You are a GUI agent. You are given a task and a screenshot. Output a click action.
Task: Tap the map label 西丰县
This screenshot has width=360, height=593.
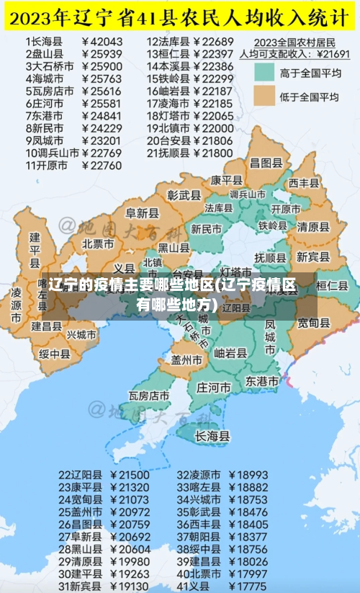point(303,183)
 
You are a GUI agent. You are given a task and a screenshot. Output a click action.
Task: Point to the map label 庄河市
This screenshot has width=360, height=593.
point(213,385)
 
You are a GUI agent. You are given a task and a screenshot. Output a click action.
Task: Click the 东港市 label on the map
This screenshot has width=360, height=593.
point(262,380)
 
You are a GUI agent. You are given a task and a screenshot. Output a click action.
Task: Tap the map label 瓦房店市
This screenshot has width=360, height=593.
point(149,396)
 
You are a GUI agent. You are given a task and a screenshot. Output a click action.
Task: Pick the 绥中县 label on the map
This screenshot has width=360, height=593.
point(54,354)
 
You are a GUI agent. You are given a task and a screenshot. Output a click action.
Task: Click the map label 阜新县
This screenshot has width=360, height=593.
point(142,213)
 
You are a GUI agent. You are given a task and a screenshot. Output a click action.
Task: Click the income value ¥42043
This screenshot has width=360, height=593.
point(103,42)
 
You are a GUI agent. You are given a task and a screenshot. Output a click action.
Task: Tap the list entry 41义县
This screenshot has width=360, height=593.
point(194,587)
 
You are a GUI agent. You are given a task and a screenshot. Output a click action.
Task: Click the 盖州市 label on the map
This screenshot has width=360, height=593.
point(186,359)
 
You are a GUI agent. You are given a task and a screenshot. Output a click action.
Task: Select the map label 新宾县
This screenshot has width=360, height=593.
point(312,257)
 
